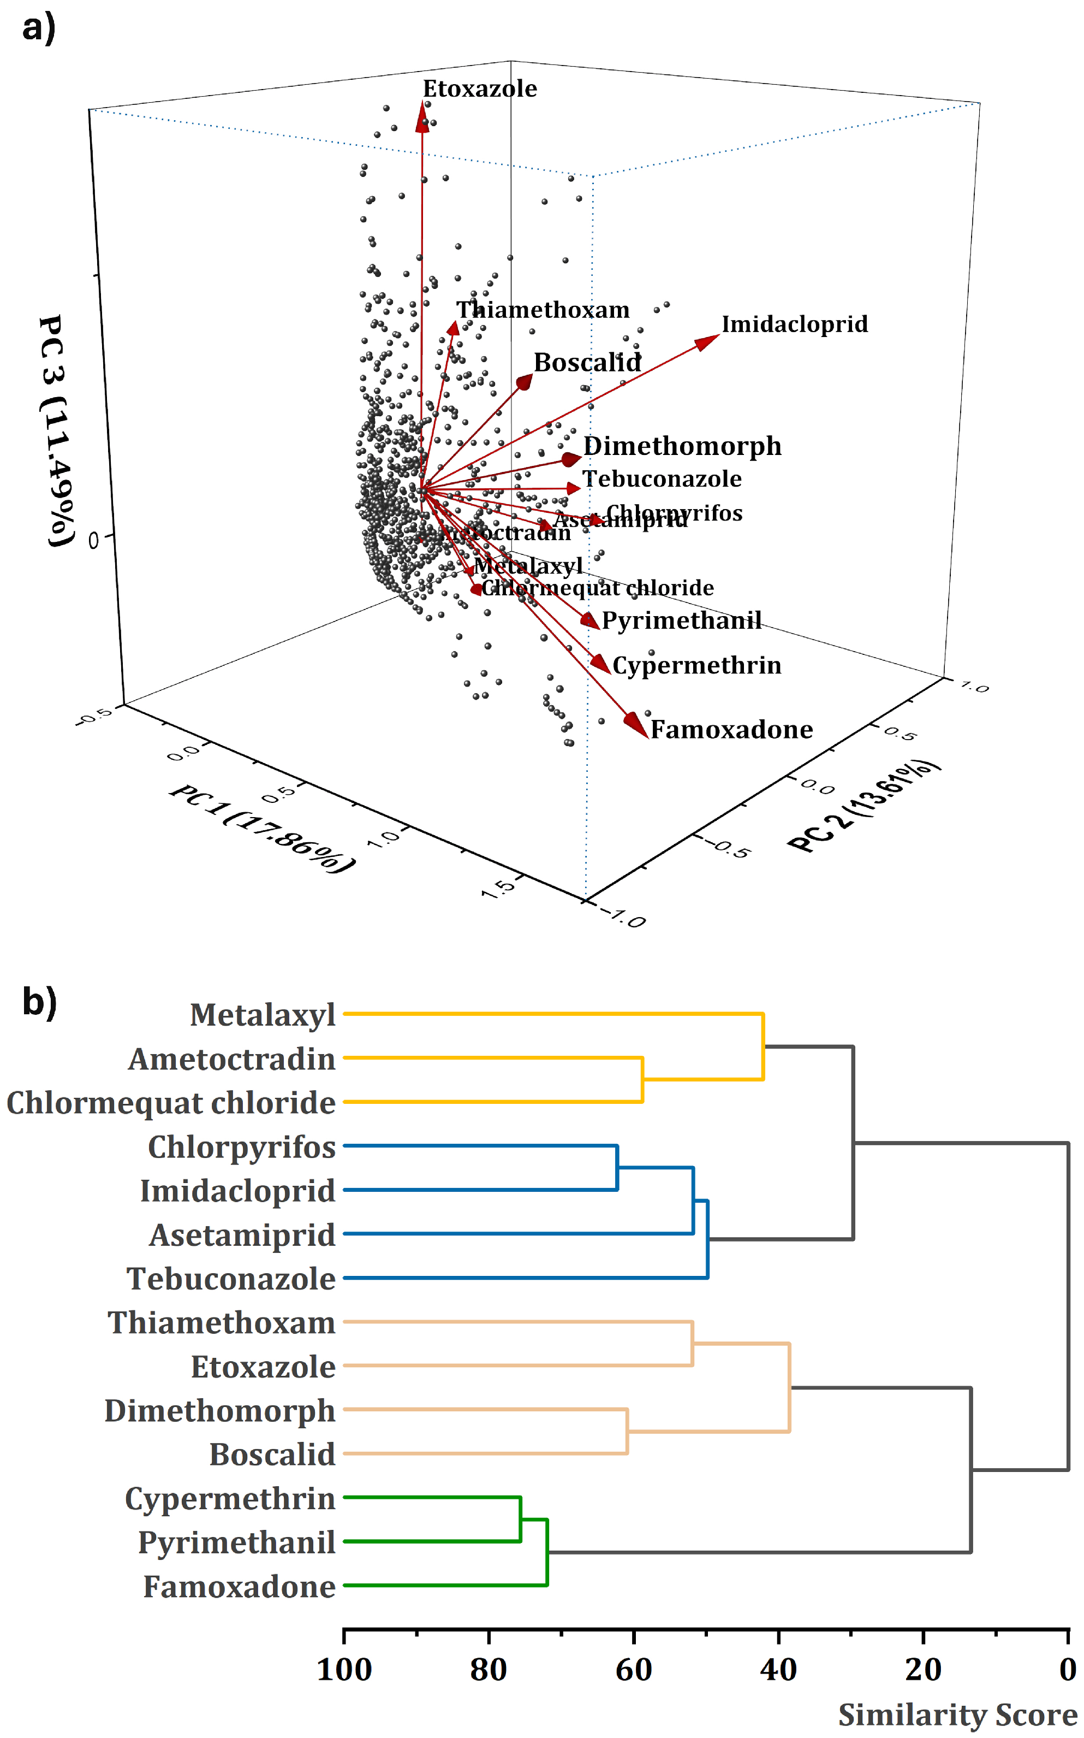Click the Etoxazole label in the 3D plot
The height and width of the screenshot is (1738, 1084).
[480, 88]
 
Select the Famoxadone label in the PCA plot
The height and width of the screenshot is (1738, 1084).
[731, 730]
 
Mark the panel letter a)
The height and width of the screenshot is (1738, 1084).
[39, 29]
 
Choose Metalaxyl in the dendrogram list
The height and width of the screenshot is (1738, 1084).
[263, 1015]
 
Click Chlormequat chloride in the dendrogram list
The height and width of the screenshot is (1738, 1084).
[171, 1102]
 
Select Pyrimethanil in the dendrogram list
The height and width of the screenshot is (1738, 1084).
[236, 1542]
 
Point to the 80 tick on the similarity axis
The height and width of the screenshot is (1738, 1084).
[489, 1669]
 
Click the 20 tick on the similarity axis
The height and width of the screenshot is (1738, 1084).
[922, 1669]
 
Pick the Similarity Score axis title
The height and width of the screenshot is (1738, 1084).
[957, 1715]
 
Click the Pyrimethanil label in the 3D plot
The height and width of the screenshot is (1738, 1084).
[681, 620]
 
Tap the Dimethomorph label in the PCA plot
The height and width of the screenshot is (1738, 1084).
[682, 446]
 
